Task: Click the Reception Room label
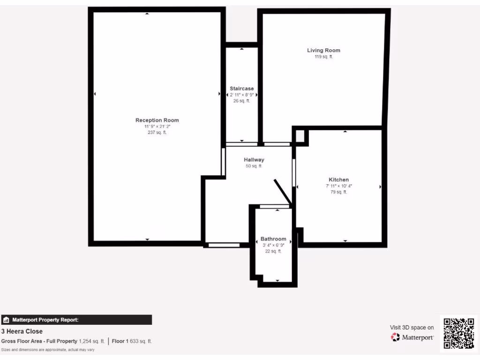157,120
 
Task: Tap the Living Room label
323,50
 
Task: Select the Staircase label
241,89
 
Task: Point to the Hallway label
254,160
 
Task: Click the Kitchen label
338,180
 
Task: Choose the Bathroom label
273,239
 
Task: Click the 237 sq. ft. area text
157,133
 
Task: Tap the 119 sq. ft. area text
323,57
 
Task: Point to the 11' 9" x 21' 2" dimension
157,127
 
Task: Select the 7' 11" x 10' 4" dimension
338,186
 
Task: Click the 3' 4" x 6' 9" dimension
273,245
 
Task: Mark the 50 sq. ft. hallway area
254,166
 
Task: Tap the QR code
458,333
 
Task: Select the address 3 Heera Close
22,331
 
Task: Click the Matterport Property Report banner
76,320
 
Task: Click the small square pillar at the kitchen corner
300,136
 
